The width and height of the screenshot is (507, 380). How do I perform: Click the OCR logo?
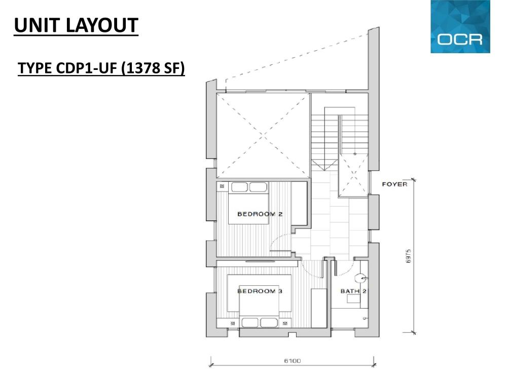(460, 26)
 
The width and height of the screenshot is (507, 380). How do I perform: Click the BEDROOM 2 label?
(260, 214)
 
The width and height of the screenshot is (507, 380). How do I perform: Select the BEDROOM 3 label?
(260, 291)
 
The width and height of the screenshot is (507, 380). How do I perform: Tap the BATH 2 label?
(353, 291)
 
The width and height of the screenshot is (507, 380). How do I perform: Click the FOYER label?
(394, 184)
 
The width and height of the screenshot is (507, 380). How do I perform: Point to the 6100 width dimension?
(293, 361)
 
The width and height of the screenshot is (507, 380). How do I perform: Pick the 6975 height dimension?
(408, 256)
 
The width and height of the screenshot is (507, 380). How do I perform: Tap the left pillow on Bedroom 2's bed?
(240, 187)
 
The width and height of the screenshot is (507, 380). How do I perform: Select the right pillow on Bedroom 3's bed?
(269, 322)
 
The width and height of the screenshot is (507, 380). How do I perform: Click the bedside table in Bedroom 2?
(222, 186)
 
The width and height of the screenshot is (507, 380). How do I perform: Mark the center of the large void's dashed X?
(263, 136)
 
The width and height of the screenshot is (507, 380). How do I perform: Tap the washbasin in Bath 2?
(353, 298)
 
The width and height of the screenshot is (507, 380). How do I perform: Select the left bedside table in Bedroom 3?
(233, 323)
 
